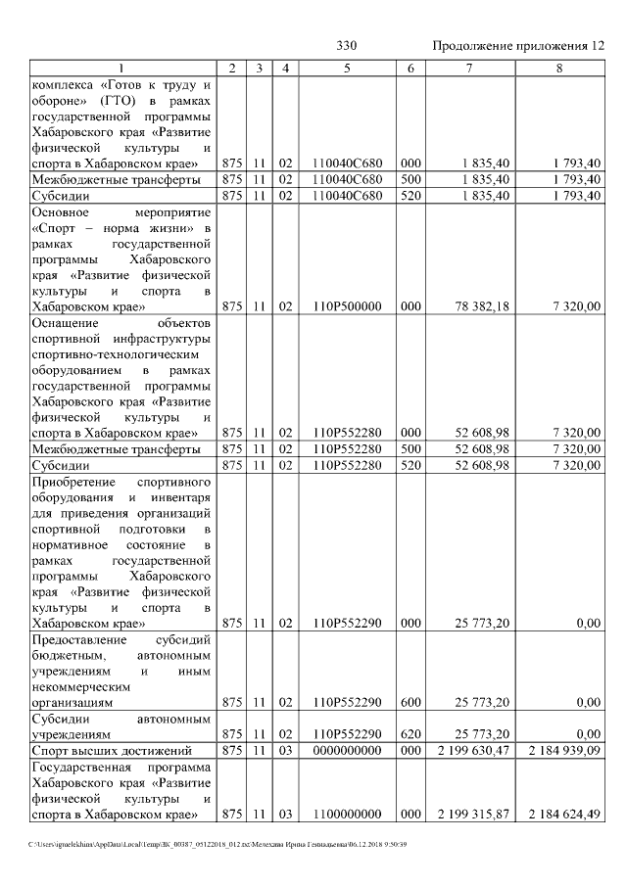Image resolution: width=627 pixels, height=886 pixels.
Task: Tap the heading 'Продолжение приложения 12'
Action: coord(518,46)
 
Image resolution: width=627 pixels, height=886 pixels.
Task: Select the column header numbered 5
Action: coord(347,68)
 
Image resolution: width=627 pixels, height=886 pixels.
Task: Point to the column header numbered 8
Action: coord(558,68)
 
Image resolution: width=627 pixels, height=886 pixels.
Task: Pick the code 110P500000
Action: coord(347,306)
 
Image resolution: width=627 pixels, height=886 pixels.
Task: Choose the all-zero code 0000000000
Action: coord(347,750)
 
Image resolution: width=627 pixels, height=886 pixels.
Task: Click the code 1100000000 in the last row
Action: coord(347,814)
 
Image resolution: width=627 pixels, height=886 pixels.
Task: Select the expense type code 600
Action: coord(410,702)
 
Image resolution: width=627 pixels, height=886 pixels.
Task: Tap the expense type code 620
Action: coord(410,733)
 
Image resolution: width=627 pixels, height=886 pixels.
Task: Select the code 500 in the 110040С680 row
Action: coord(410,179)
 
